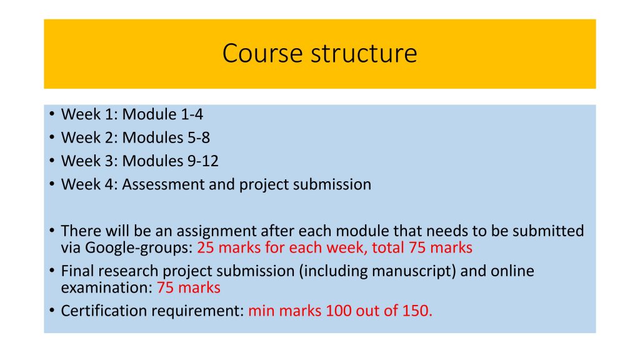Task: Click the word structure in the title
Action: point(364,54)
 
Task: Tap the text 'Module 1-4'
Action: point(162,114)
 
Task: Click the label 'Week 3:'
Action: point(89,161)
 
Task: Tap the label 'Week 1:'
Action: point(89,114)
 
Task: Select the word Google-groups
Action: point(139,247)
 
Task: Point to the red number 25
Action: point(206,247)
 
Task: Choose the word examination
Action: point(106,287)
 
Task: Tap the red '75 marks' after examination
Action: point(189,287)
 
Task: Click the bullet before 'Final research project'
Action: point(52,271)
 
